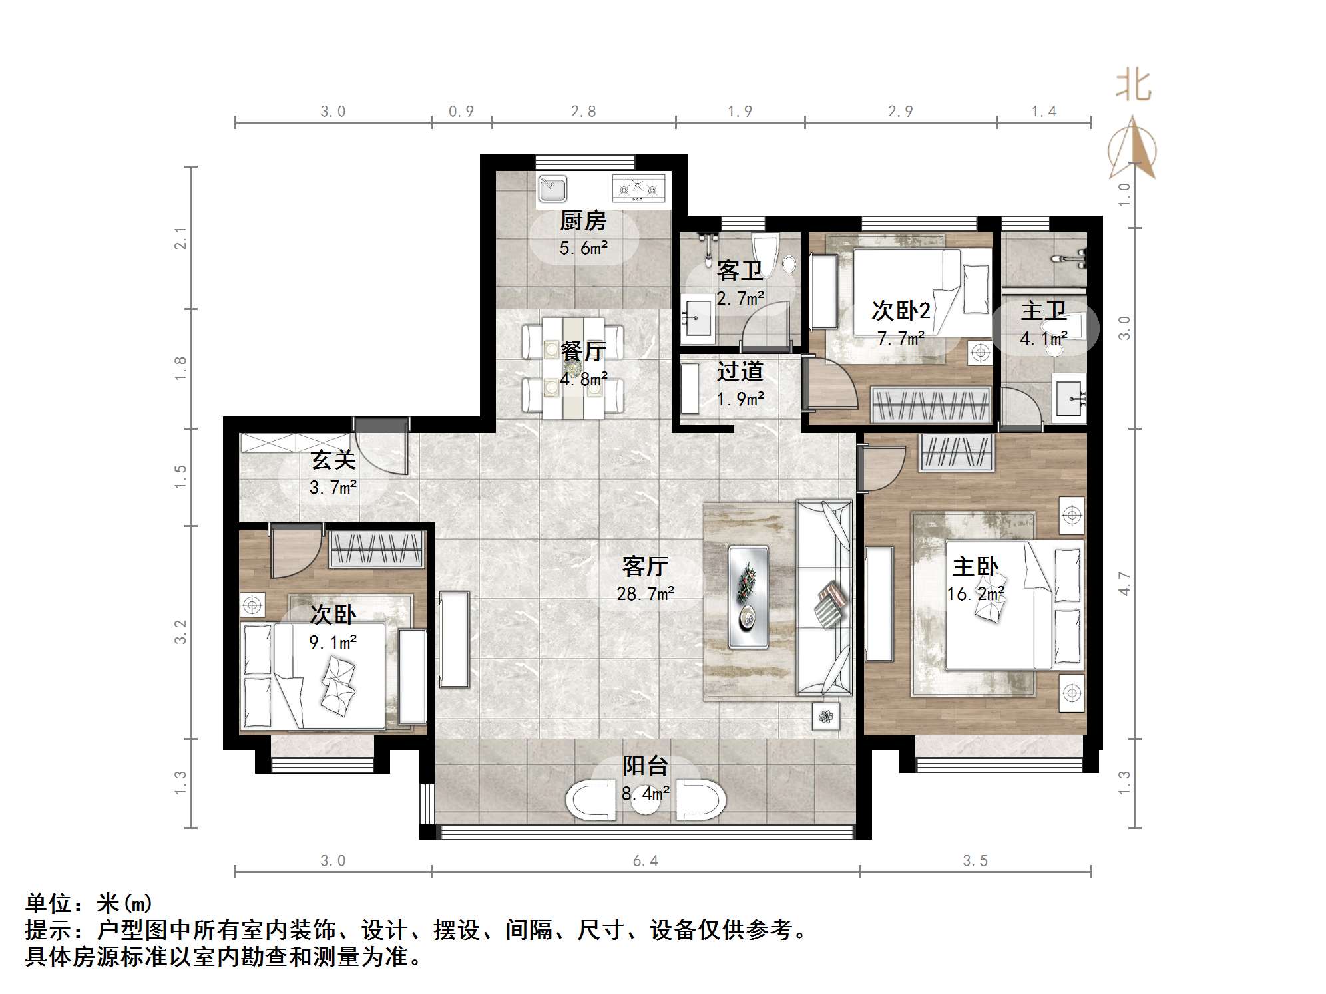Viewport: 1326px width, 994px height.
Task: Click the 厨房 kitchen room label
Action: [x=582, y=220]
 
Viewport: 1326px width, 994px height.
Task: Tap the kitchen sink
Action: [x=552, y=188]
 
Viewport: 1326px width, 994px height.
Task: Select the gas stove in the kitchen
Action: [x=638, y=188]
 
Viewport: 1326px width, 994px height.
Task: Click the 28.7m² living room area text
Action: [x=645, y=593]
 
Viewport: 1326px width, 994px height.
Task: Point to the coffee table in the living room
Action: [x=748, y=597]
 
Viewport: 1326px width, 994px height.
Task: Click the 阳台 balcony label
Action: [x=644, y=766]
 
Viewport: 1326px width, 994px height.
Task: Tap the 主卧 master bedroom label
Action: [x=975, y=566]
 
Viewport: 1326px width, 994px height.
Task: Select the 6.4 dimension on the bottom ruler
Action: [x=645, y=861]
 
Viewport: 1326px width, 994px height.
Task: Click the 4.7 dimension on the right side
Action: [x=1124, y=583]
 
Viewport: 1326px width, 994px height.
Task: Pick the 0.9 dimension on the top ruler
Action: [x=461, y=111]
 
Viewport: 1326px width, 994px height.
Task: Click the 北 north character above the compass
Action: [x=1133, y=86]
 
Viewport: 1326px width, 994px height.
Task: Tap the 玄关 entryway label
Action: [x=333, y=460]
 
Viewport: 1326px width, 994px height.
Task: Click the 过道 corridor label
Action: [x=740, y=371]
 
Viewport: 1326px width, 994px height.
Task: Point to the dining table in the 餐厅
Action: [x=573, y=367]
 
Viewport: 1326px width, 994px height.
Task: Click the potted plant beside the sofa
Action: [x=826, y=717]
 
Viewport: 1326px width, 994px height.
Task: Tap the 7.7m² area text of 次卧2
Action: [x=901, y=339]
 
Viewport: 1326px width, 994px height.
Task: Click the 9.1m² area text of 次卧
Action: [x=333, y=642]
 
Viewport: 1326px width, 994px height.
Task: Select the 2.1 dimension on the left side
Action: [x=180, y=238]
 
